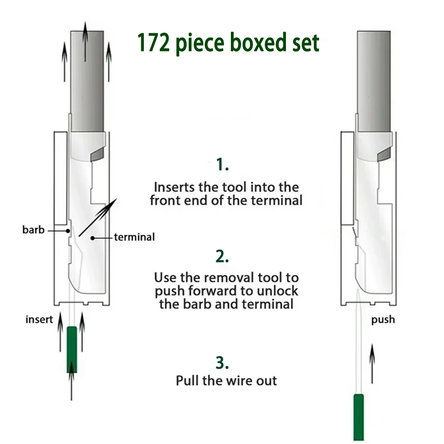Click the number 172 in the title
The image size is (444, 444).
[154, 43]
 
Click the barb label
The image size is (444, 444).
[33, 230]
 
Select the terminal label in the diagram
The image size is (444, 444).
[135, 237]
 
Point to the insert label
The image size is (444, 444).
[39, 319]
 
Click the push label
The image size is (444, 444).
[383, 320]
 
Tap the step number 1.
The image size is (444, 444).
[222, 164]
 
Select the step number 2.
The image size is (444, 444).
[222, 256]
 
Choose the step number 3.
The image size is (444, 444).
[222, 362]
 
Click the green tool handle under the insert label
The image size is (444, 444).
[71, 350]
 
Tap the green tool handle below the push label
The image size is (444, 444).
[358, 417]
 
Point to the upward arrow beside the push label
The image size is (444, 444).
[372, 364]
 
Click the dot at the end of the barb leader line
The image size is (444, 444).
[68, 231]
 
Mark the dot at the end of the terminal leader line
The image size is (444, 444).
[93, 238]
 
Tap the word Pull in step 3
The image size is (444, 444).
[187, 381]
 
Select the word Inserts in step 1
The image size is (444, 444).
[174, 187]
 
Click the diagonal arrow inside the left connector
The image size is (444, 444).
[98, 217]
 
